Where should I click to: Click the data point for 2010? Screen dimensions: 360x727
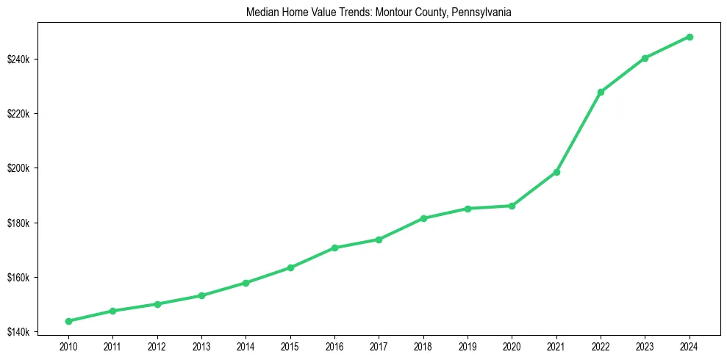pos(68,321)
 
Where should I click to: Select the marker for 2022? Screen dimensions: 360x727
pos(601,93)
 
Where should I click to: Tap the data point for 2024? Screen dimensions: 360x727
pos(690,37)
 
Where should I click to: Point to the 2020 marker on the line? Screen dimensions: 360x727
pos(512,206)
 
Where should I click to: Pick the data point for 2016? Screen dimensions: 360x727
pos(334,248)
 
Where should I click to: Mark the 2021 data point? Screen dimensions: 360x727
pos(556,172)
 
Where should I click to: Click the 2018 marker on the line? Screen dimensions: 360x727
pos(423,218)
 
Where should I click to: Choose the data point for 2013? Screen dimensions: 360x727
pos(201,295)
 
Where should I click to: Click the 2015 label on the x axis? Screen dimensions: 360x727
pos(290,345)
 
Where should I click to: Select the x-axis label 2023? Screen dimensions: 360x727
pos(645,345)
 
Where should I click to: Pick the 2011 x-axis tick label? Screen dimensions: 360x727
pos(112,345)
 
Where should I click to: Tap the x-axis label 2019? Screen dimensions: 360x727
pos(468,345)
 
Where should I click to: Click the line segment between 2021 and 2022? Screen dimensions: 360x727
pos(579,132)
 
